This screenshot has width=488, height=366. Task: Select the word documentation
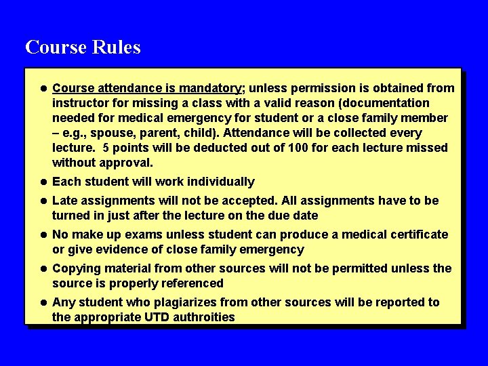point(386,103)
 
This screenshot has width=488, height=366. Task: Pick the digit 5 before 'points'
point(106,148)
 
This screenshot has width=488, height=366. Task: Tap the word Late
point(65,201)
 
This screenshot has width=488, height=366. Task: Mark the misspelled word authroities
point(202,317)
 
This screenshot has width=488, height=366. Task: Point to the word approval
point(128,163)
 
